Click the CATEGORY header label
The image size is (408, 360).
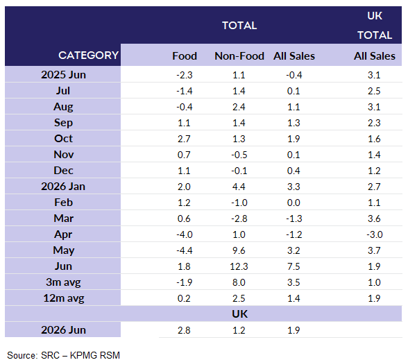point(89,55)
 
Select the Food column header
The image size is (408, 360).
point(185,56)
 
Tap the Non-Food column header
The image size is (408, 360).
point(239,56)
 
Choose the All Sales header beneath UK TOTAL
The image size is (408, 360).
point(375,56)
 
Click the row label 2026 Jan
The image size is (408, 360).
point(63,187)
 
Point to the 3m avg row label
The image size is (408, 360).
point(63,282)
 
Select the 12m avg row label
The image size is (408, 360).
point(64,298)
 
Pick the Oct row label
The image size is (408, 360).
point(63,139)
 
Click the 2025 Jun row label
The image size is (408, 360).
point(63,75)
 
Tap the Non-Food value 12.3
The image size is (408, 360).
point(239,266)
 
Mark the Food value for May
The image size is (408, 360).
point(185,250)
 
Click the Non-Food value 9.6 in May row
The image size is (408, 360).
point(239,250)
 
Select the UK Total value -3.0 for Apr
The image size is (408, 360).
point(375,234)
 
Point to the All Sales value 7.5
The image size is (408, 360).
point(294,266)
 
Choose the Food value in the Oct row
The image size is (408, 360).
point(184,139)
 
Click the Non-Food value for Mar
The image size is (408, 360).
point(239,218)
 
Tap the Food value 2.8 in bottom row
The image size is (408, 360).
point(184,330)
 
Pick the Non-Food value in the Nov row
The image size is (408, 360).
point(239,155)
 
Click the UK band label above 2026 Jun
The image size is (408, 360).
point(239,314)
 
